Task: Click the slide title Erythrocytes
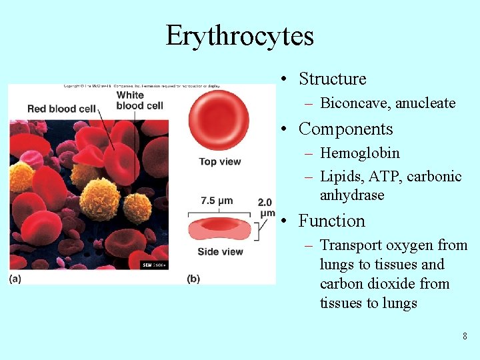pyautogui.click(x=239, y=35)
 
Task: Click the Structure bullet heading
pyautogui.click(x=332, y=79)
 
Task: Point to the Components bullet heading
pyautogui.click(x=345, y=129)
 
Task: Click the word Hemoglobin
pyautogui.click(x=360, y=153)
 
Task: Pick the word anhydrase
pyautogui.click(x=352, y=195)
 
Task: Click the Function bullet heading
pyautogui.click(x=331, y=221)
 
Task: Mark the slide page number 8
pyautogui.click(x=465, y=336)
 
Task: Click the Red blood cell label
pyautogui.click(x=62, y=108)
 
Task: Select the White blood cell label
pyautogui.click(x=139, y=100)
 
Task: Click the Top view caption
pyautogui.click(x=219, y=161)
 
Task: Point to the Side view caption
pyautogui.click(x=220, y=251)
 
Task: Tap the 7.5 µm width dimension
pyautogui.click(x=217, y=200)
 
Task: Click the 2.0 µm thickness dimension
pyautogui.click(x=266, y=207)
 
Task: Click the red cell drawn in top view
pyautogui.click(x=219, y=120)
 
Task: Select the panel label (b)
pyautogui.click(x=193, y=279)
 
